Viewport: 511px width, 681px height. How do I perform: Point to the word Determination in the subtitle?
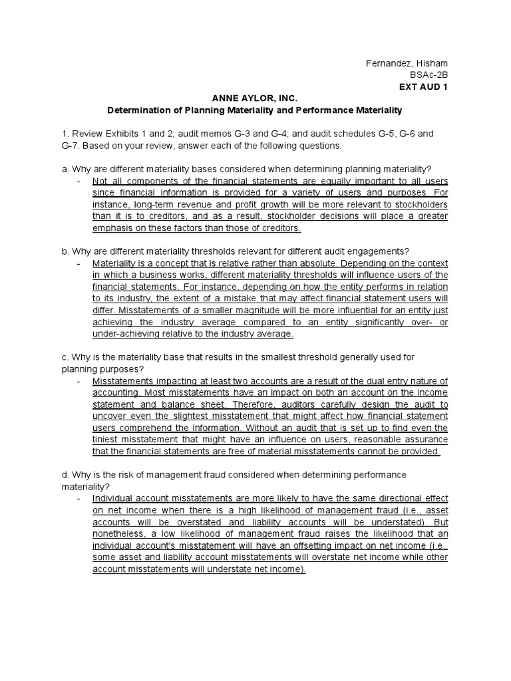140,110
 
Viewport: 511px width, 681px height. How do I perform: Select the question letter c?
62,357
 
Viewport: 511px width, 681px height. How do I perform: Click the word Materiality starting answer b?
114,263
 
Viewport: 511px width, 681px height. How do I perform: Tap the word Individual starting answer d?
113,498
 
